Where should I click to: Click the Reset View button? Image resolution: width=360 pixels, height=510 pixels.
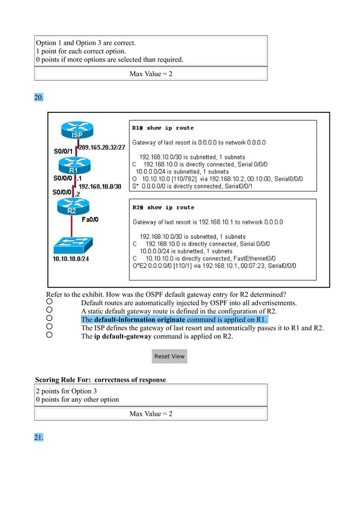(169, 356)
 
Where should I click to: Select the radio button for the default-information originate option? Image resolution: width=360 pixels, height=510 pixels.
(50, 319)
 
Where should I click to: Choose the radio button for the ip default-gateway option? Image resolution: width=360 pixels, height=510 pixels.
(50, 335)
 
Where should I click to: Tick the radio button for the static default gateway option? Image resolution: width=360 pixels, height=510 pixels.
(50, 311)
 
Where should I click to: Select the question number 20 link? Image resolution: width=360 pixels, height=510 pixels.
(39, 98)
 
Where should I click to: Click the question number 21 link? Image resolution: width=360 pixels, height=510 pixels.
(39, 438)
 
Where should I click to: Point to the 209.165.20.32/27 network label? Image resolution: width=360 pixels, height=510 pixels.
(103, 147)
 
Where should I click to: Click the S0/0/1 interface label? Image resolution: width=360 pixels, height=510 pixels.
(63, 151)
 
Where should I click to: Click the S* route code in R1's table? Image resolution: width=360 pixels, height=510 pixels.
(135, 186)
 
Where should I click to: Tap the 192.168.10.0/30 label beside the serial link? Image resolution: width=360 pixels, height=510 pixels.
(99, 186)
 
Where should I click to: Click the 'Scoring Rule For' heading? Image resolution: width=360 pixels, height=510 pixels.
(100, 380)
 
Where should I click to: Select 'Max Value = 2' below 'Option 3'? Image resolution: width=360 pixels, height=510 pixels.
(151, 414)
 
